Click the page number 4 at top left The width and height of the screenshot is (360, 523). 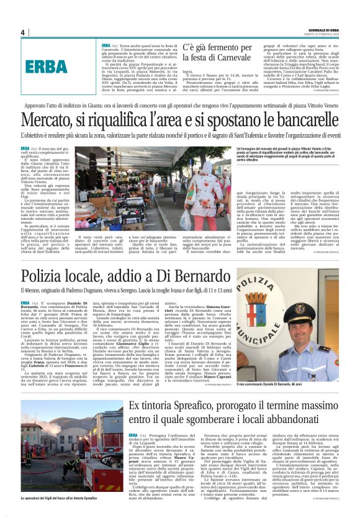click(22, 32)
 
